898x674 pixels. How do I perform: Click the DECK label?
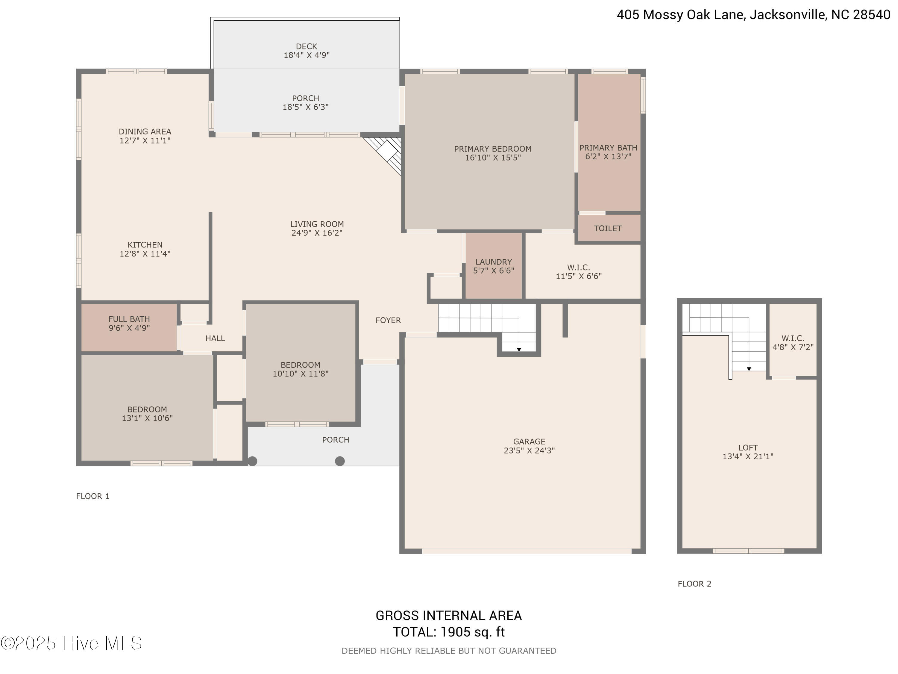(x=306, y=46)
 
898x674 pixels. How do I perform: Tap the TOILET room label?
(x=608, y=228)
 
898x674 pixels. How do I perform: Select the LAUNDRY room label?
(x=494, y=262)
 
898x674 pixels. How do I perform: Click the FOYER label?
(x=388, y=320)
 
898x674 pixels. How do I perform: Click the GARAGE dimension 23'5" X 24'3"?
(x=529, y=450)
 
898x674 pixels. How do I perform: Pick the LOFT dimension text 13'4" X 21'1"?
(x=748, y=456)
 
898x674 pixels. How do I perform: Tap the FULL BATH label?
(x=129, y=319)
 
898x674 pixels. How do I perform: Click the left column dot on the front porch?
(x=253, y=461)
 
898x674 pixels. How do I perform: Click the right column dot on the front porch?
(x=340, y=461)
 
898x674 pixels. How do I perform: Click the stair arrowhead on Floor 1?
(x=519, y=349)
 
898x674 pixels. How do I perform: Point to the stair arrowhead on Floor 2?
(x=749, y=369)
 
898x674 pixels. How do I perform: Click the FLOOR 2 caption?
(x=694, y=584)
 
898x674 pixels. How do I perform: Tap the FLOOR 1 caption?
(x=92, y=496)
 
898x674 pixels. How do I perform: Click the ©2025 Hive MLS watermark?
(x=71, y=643)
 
